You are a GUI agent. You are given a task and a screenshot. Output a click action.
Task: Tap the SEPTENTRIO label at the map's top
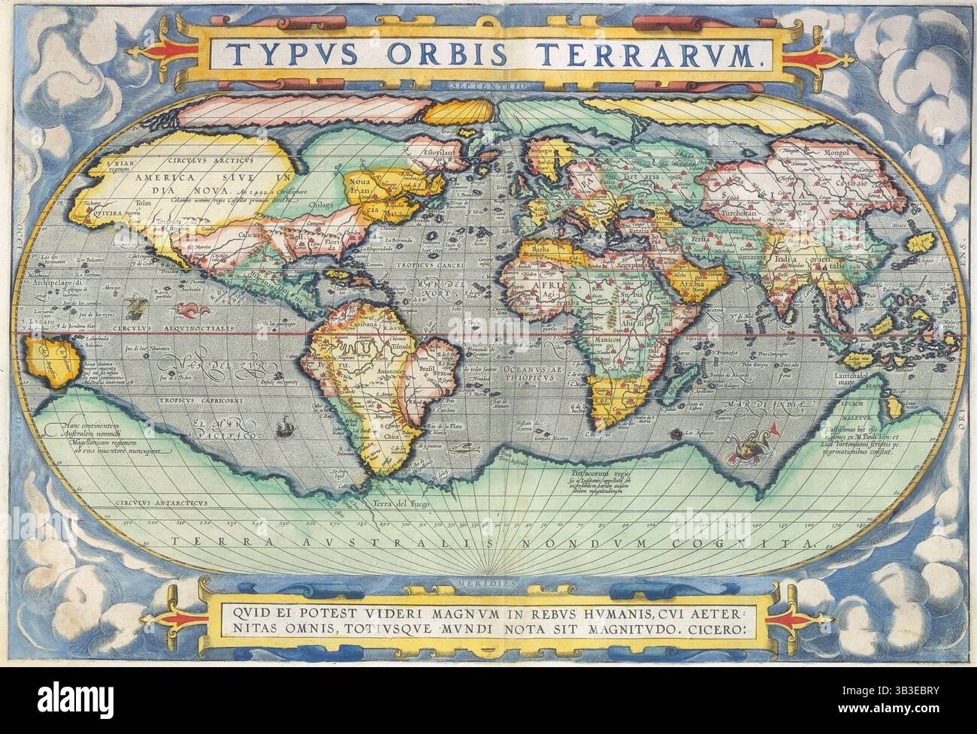tap(487, 85)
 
